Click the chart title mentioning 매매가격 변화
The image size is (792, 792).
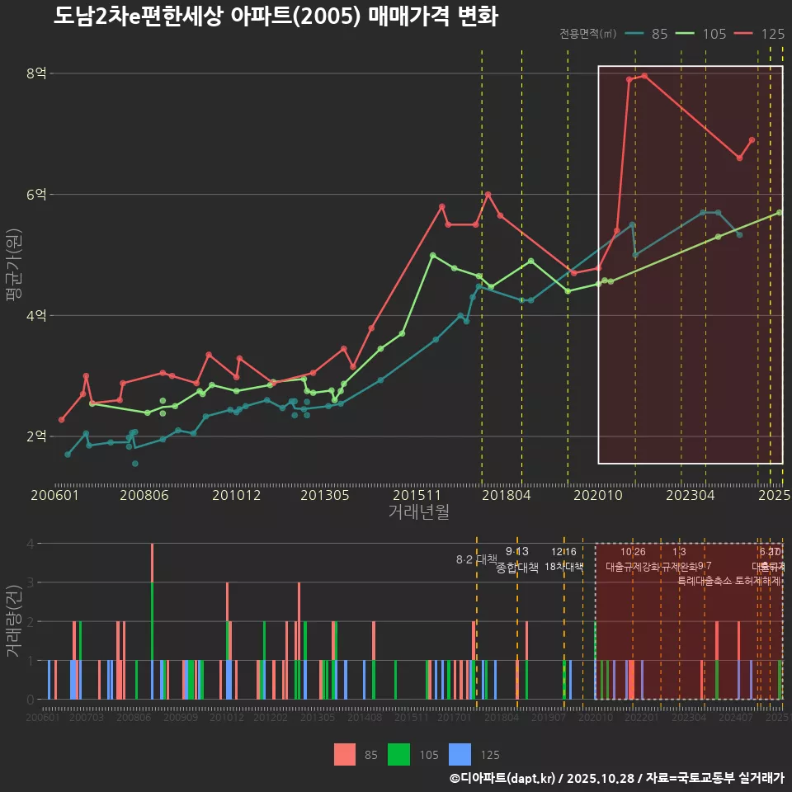(276, 16)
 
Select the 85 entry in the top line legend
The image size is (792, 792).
(648, 34)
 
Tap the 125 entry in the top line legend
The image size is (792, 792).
(761, 34)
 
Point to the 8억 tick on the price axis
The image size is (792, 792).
(37, 73)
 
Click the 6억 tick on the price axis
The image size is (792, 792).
(37, 195)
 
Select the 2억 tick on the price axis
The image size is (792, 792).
(37, 436)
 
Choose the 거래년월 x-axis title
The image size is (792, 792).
(418, 512)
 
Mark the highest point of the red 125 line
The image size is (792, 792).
(644, 76)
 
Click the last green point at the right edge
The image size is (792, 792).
(780, 212)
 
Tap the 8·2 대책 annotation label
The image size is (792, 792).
(471, 559)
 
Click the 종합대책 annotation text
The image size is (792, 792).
(517, 567)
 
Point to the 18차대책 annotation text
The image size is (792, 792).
(564, 567)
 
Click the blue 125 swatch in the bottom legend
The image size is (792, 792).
(460, 754)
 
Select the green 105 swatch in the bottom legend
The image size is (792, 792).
(399, 754)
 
